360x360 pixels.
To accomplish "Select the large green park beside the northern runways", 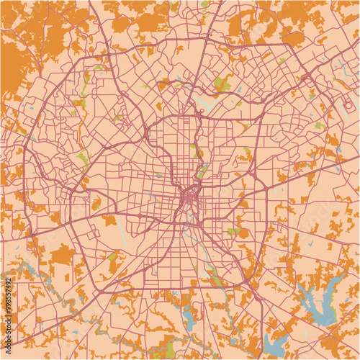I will [x=222, y=85].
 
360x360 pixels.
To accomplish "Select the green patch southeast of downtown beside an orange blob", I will [x=232, y=232].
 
